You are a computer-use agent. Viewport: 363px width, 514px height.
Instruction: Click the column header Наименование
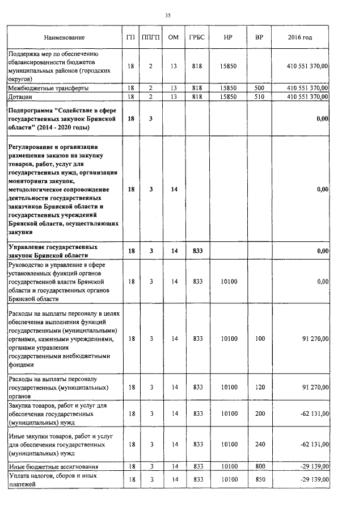pos(64,37)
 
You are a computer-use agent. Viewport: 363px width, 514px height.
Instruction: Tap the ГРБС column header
pos(198,37)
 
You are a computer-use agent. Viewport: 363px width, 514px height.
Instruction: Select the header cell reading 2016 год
pos(300,37)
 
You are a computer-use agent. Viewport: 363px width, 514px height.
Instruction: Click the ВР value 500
pos(259,89)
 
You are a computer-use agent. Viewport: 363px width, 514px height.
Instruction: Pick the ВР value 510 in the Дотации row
pos(259,97)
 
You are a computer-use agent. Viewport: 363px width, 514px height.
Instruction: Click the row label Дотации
pos(21,97)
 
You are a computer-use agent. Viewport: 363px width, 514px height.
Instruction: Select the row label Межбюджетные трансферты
pos(48,89)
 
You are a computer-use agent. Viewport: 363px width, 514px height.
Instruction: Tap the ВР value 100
pos(259,339)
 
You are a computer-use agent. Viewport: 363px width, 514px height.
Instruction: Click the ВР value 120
pos(259,387)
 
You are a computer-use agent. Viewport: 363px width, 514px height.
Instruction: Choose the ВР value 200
pos(259,414)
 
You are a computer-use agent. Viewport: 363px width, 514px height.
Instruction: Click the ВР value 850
pos(259,480)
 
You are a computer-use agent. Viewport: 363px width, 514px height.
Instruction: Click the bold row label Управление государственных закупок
pos(52,251)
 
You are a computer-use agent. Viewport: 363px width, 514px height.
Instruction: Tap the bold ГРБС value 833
pos(198,251)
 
